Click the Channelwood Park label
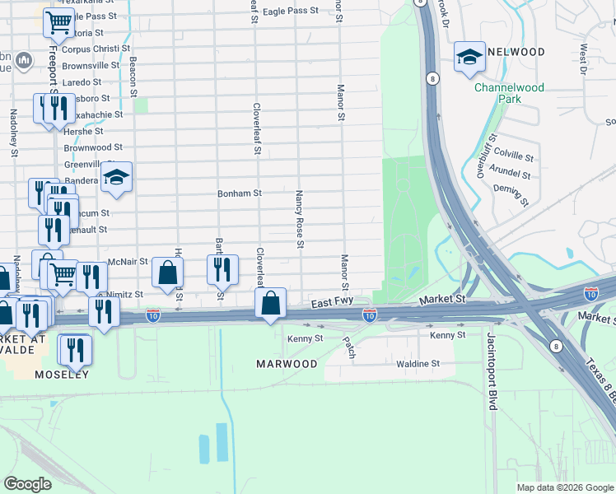click(497, 92)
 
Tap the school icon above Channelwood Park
click(469, 57)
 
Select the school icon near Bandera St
click(117, 177)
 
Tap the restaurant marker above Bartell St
click(222, 269)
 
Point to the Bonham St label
click(239, 193)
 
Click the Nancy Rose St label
click(300, 219)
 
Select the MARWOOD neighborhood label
click(287, 364)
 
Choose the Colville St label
click(513, 155)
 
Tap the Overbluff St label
click(483, 156)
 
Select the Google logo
click(27, 484)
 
